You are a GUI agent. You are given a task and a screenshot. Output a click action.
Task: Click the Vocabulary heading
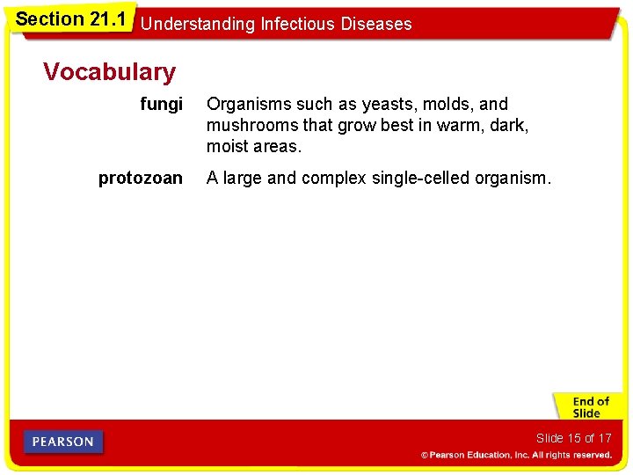(x=109, y=72)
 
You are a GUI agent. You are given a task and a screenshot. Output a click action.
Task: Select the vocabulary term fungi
(x=162, y=105)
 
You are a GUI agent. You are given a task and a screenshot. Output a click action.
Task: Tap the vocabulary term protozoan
(x=141, y=179)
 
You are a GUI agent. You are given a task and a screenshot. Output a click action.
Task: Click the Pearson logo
(x=63, y=442)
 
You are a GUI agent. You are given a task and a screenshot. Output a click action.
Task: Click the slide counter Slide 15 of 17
(x=573, y=438)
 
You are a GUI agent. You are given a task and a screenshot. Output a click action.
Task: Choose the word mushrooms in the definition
(x=248, y=125)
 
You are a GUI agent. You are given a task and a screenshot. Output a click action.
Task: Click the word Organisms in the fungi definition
(x=245, y=105)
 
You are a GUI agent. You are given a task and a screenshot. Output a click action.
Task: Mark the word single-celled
(x=421, y=179)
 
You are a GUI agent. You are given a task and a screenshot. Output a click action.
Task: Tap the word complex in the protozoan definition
(x=333, y=179)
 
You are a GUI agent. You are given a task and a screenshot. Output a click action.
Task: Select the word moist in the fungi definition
(x=227, y=145)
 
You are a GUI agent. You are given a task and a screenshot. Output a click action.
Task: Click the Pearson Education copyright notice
(x=516, y=456)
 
